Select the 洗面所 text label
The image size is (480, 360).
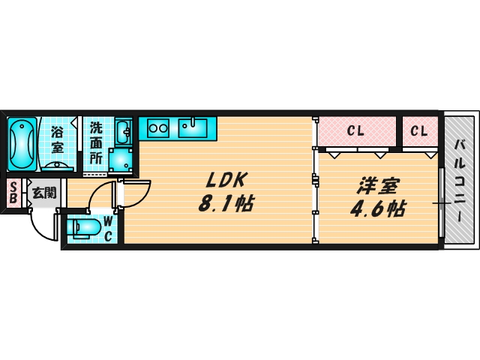(97, 142)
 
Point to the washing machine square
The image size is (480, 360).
(119, 159)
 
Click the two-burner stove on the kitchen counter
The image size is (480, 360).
(158, 127)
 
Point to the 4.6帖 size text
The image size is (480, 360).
(378, 208)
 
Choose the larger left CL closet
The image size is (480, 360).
(355, 132)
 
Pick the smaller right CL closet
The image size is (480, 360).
(419, 132)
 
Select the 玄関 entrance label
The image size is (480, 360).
(44, 193)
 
